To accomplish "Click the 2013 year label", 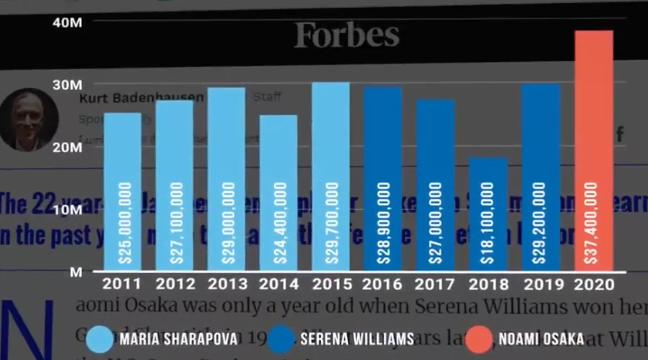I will tap(227, 284).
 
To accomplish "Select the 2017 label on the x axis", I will tap(435, 284).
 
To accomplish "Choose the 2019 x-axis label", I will tap(540, 284).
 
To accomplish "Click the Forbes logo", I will tap(347, 35).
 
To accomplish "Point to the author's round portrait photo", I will tap(29, 120).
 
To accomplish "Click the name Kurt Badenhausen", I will tap(142, 98).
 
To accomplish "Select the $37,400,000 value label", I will tap(592, 222).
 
